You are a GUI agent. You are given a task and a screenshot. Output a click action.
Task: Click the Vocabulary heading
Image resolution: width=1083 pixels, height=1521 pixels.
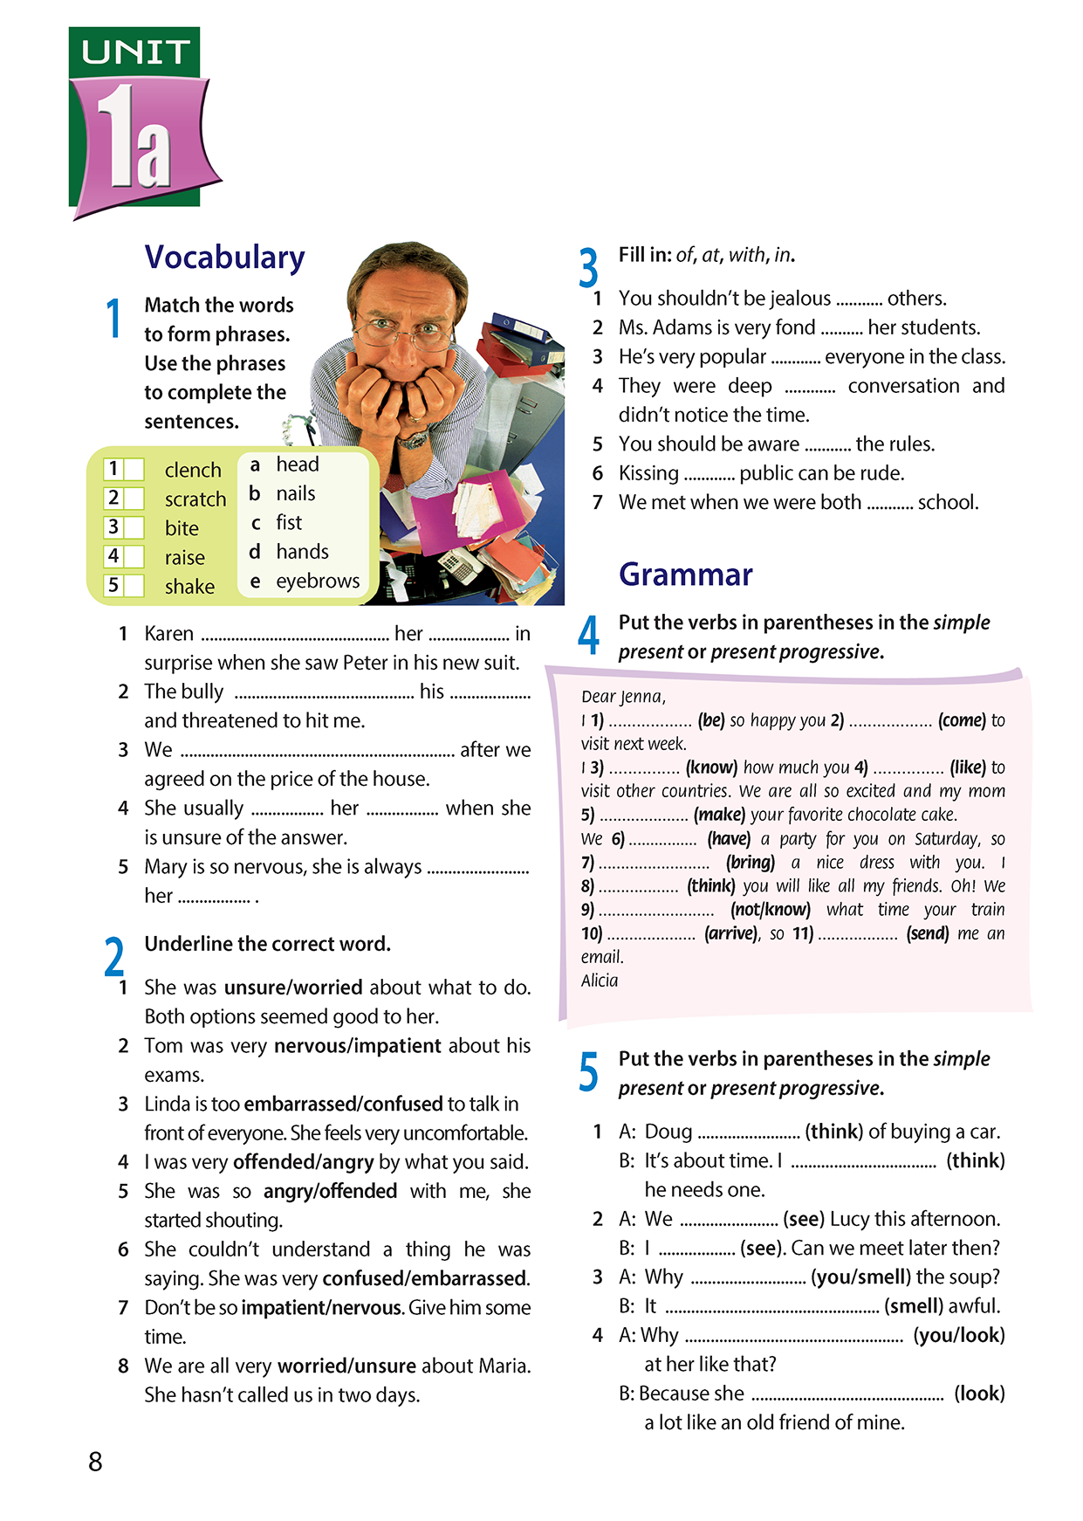pos(224,258)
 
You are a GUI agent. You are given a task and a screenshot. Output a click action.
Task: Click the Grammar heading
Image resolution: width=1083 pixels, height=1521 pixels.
pos(685,575)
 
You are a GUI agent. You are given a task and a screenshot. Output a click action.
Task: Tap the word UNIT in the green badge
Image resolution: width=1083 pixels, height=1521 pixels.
pos(135,52)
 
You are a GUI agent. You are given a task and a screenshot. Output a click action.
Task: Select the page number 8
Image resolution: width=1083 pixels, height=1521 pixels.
pos(95,1461)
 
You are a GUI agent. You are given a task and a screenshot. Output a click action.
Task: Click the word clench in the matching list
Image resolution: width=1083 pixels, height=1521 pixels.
pos(193,470)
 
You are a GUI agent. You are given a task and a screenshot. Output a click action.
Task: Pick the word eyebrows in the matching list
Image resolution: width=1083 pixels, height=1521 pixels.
pos(318,581)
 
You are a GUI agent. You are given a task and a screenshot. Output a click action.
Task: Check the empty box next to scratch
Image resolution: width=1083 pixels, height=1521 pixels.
pos(134,499)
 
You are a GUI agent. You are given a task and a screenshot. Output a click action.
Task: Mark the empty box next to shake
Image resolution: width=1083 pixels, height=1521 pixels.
pos(134,586)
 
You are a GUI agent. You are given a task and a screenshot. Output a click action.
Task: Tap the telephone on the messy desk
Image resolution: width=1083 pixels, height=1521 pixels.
pos(454,566)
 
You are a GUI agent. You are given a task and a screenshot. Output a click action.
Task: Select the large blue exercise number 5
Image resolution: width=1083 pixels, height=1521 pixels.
pos(589,1072)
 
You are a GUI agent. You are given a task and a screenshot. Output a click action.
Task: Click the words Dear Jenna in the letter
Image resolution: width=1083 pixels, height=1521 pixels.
pos(623,697)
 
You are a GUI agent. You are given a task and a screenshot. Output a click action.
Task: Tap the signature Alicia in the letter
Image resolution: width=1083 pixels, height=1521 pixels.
pos(600,981)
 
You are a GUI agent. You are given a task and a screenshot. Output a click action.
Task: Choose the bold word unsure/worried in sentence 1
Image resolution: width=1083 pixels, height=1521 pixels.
pos(293,988)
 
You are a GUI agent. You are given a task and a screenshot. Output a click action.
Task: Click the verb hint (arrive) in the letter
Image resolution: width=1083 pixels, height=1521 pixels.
pos(731,933)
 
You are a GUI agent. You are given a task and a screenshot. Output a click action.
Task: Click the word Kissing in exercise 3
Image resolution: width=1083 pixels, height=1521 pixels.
pos(648,473)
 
